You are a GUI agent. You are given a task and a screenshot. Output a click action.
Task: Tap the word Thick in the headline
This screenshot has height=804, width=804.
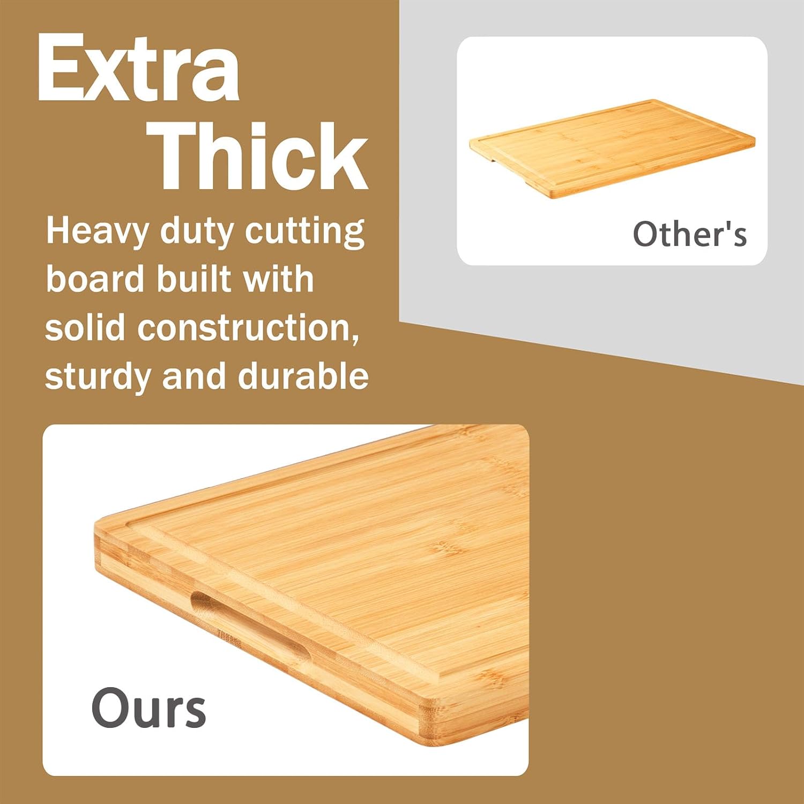261,156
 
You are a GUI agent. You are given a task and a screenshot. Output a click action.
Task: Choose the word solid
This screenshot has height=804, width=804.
85,327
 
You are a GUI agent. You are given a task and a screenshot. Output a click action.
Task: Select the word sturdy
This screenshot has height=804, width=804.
97,377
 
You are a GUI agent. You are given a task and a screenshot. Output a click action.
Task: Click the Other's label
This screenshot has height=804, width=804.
689,234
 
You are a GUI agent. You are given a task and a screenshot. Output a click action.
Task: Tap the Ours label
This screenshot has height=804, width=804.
148,708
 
